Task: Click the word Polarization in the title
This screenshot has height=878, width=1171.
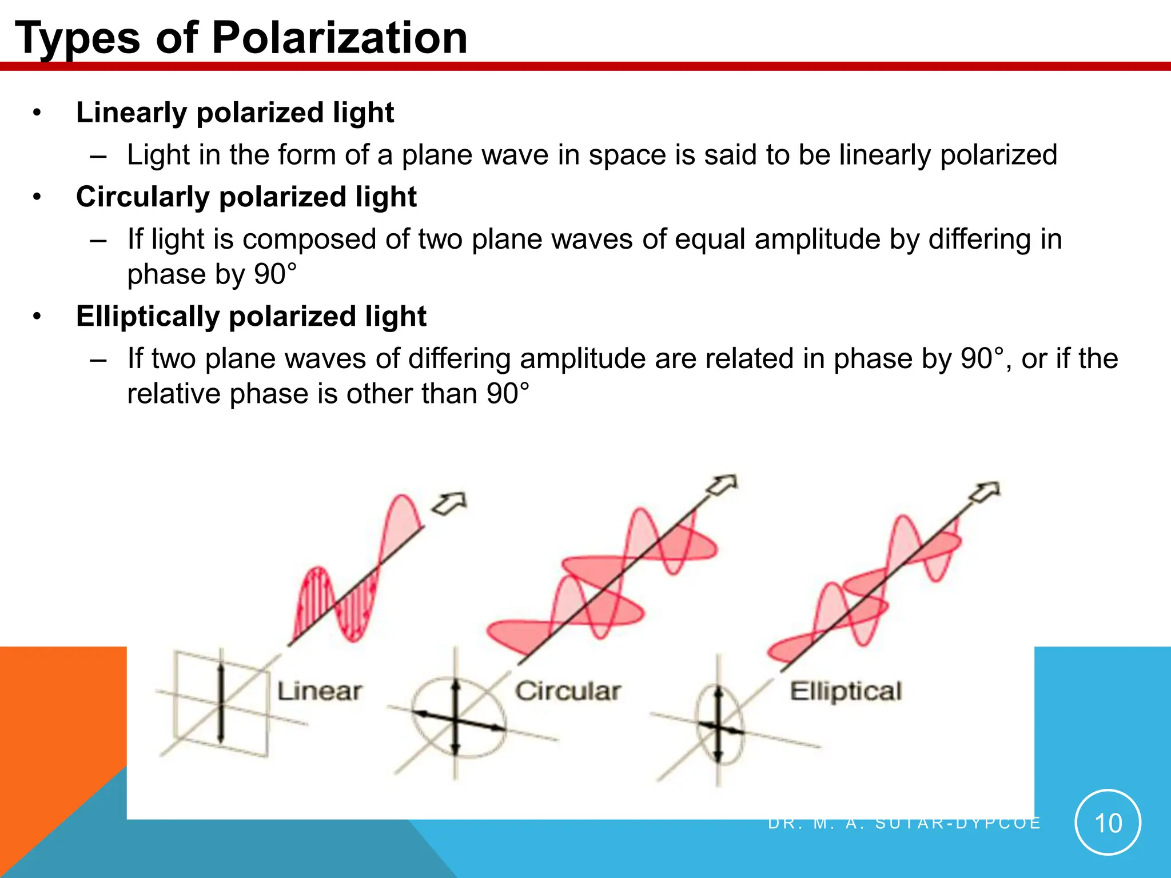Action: click(340, 38)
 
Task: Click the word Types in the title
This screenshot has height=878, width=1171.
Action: click(77, 39)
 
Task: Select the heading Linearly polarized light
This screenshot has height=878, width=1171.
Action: click(235, 112)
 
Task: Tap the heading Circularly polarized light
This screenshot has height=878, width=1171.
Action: click(246, 197)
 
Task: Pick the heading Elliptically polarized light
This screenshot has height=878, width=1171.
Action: click(251, 316)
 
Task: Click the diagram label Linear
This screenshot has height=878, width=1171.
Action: click(319, 691)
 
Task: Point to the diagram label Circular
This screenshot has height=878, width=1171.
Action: click(568, 691)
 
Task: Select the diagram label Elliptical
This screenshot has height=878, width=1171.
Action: click(846, 691)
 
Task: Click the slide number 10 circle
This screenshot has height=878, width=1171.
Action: click(1108, 823)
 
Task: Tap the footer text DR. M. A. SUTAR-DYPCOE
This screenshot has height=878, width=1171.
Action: click(903, 824)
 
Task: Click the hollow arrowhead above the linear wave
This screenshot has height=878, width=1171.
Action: click(449, 504)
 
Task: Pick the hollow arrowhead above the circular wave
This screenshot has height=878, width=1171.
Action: click(722, 485)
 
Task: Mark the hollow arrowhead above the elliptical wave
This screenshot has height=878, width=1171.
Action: click(985, 492)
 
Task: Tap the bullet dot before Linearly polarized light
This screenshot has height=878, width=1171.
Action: click(37, 113)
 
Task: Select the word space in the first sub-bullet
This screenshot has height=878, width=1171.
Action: click(627, 155)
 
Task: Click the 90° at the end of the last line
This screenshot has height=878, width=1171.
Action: click(508, 394)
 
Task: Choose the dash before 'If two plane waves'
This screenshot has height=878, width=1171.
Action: click(98, 360)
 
